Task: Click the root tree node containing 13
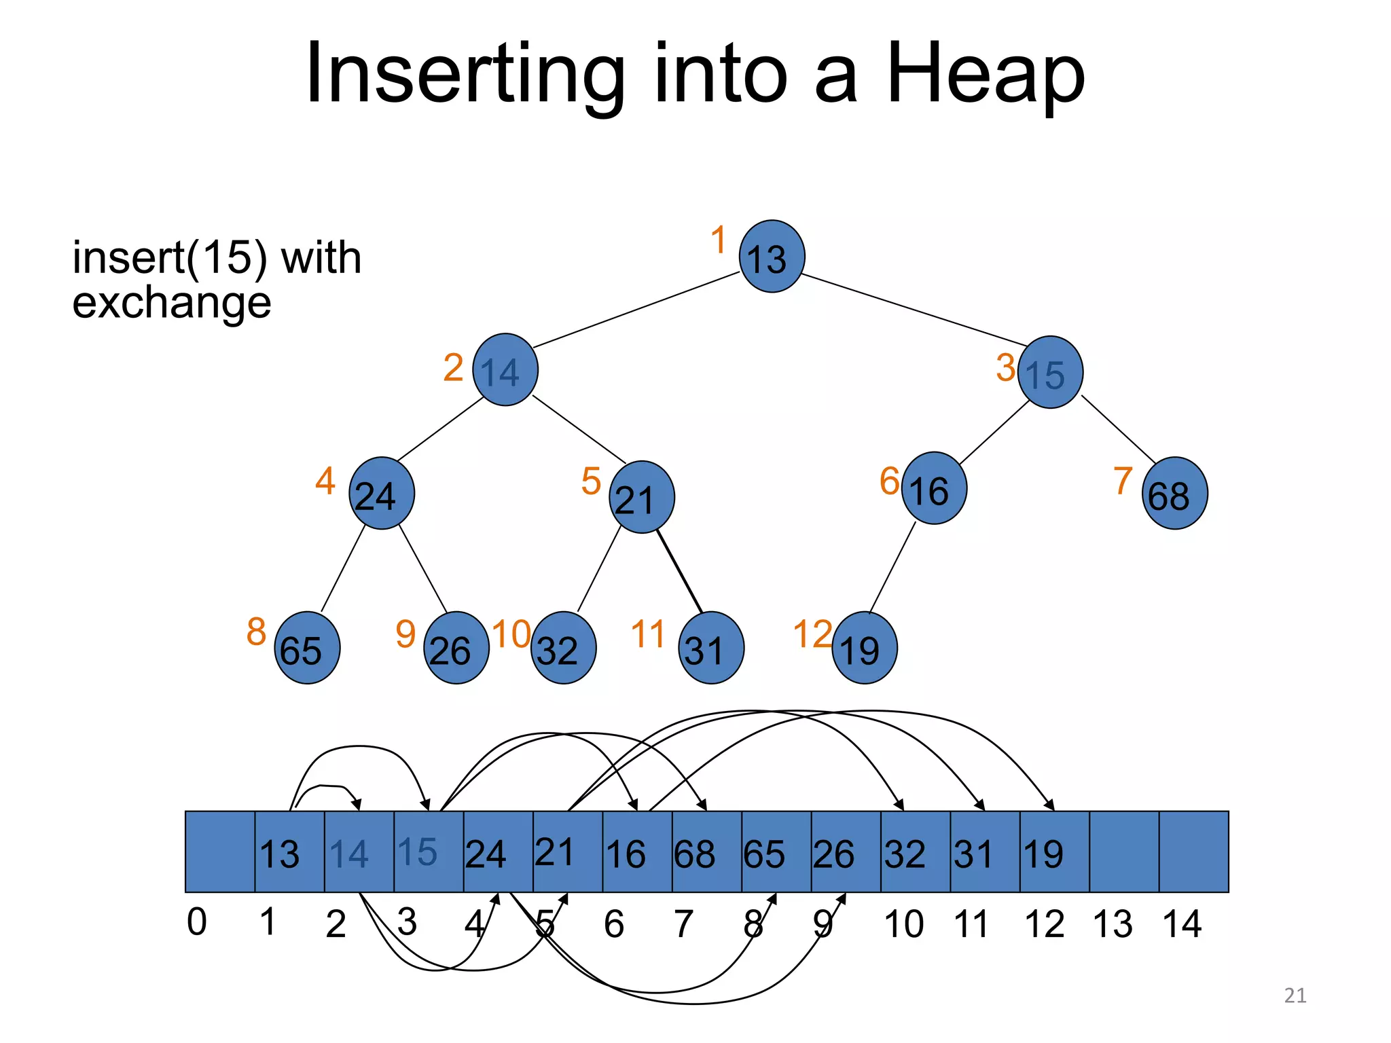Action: click(x=772, y=257)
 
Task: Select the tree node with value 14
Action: click(x=505, y=370)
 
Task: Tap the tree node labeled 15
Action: click(x=1050, y=372)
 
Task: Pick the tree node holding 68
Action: click(x=1174, y=494)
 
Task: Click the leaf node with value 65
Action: click(x=307, y=648)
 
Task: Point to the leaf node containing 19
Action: click(x=864, y=648)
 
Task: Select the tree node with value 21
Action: click(x=641, y=498)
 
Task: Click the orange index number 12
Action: click(x=812, y=634)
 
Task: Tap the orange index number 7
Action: click(x=1123, y=481)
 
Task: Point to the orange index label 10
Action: click(x=511, y=634)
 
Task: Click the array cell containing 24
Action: click(x=498, y=852)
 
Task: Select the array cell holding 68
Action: click(x=706, y=852)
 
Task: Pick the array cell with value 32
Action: click(x=915, y=852)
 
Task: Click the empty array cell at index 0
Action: click(x=220, y=852)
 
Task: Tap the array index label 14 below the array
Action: click(x=1182, y=924)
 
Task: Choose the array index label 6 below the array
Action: click(x=614, y=924)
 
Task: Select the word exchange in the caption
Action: click(x=172, y=302)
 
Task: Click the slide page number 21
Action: click(x=1295, y=995)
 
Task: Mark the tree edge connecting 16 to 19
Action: click(x=892, y=568)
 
